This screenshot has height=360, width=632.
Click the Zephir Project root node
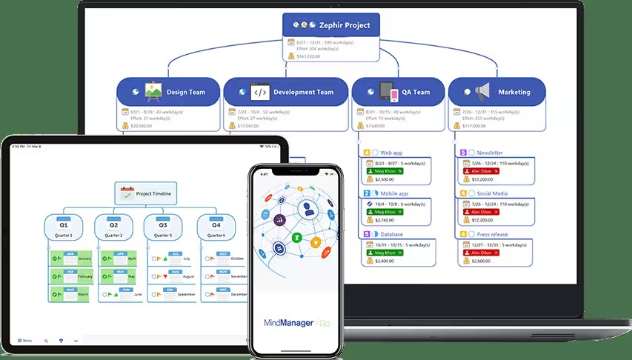[x=331, y=25]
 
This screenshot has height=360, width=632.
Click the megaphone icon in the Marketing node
[x=482, y=92]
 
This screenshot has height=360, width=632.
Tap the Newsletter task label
[x=490, y=153]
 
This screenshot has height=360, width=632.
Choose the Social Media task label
[x=492, y=193]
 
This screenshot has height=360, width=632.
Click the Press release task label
[x=493, y=234]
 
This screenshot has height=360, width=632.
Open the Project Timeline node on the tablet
[x=145, y=194]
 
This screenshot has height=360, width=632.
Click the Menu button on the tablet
[x=24, y=341]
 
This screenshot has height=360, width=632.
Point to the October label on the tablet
[x=237, y=259]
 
